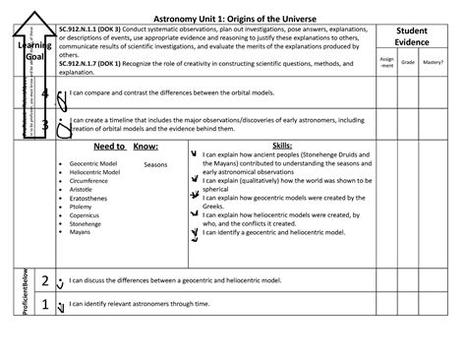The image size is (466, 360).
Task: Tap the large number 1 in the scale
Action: (44, 305)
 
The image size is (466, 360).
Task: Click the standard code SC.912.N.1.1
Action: (84, 30)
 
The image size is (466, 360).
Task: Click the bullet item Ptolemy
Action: (83, 207)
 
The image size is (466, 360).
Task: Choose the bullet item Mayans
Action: (82, 233)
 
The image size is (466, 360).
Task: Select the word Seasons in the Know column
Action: (155, 164)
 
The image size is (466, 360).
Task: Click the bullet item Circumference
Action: (91, 181)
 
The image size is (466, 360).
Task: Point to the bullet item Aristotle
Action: (85, 190)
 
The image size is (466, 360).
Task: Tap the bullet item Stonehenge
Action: (87, 224)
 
